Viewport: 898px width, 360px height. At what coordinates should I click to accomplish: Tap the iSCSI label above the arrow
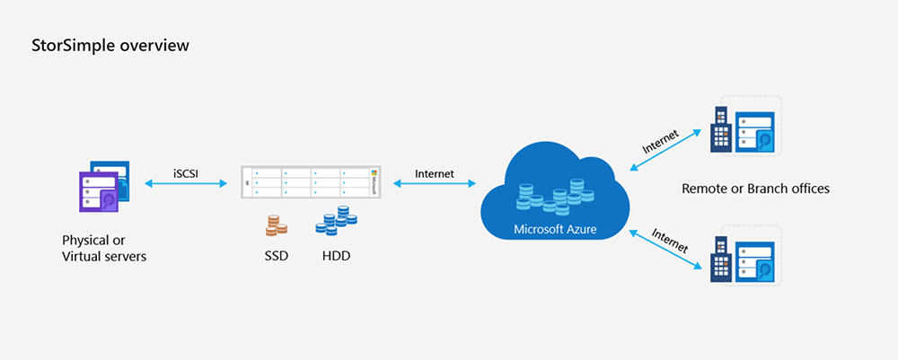(x=187, y=172)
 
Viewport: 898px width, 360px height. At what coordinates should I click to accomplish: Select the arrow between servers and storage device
(x=187, y=184)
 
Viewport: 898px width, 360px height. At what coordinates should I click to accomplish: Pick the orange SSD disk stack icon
(x=277, y=225)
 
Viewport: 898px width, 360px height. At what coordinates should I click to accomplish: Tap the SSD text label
(x=277, y=257)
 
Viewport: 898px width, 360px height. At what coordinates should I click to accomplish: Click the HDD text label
(x=336, y=257)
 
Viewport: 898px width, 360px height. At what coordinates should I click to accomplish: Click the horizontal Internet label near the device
(x=434, y=172)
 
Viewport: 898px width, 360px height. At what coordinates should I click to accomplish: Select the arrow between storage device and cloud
(x=434, y=184)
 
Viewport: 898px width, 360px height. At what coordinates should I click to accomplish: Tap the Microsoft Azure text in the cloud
(x=554, y=230)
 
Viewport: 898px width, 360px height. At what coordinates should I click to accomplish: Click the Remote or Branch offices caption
(x=755, y=189)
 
